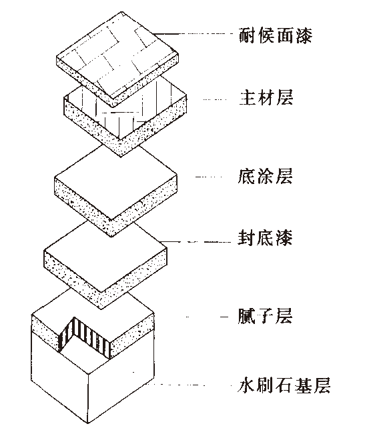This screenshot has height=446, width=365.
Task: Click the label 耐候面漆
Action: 276,35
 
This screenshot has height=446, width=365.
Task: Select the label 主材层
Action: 266,97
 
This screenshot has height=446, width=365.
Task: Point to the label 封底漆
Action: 265,238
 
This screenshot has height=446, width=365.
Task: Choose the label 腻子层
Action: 265,316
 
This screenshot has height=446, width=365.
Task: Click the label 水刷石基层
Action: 284,386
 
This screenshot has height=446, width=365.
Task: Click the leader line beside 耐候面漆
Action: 194,34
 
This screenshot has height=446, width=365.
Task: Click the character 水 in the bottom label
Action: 247,386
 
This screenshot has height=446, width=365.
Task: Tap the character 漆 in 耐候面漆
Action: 304,35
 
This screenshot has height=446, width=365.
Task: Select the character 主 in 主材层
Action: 247,97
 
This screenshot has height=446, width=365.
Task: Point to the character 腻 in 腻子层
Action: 247,316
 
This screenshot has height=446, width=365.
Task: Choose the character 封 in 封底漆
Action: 247,238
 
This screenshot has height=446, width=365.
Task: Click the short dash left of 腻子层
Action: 225,317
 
